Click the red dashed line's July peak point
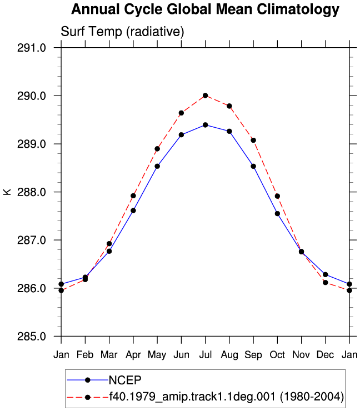tap(206, 96)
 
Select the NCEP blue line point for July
tap(206, 125)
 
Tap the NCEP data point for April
tap(133, 210)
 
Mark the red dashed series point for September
tap(253, 140)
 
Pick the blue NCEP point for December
tap(326, 275)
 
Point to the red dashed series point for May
tap(157, 149)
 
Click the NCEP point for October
tap(277, 214)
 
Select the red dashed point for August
tap(229, 106)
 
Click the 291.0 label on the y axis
tap(32, 48)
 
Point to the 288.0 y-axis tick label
tap(32, 192)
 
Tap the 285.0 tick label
tap(32, 336)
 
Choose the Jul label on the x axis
tap(206, 355)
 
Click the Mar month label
tap(109, 355)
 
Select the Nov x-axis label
tap(301, 355)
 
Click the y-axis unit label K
tap(7, 192)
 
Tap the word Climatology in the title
tap(298, 9)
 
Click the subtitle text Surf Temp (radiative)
tap(122, 32)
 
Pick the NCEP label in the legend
tap(125, 380)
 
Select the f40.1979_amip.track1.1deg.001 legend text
tap(192, 397)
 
